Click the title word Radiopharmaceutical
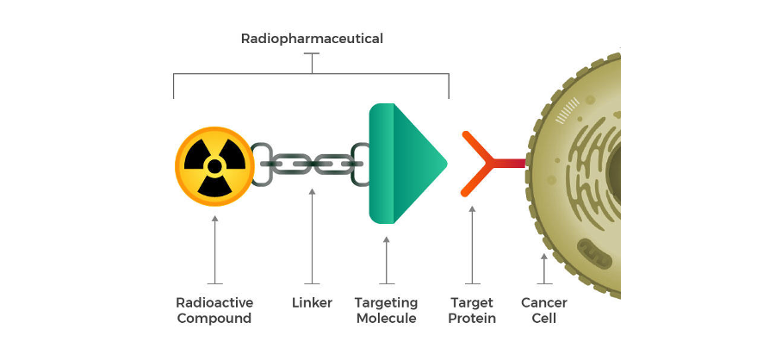point(312,39)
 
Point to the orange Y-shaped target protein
point(482,163)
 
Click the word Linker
point(312,303)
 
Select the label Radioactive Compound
point(214,311)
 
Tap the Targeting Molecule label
point(386,311)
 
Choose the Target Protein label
point(473,311)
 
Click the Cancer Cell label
point(543,311)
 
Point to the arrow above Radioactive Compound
point(214,250)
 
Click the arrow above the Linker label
point(312,237)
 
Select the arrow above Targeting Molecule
point(387,258)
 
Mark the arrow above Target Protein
point(472,245)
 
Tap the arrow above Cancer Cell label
point(543,268)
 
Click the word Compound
point(214,319)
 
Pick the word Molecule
point(386,319)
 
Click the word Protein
point(473,319)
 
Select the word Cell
point(543,319)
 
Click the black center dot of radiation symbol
point(214,164)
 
